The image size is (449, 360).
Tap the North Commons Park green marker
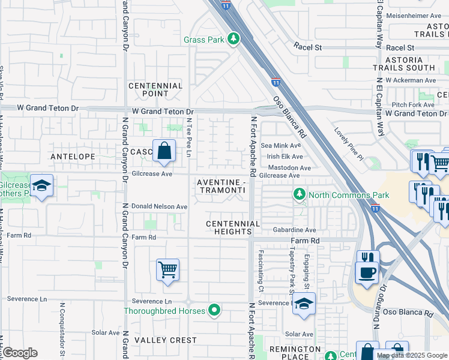(299, 194)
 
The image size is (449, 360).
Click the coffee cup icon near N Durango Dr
(366, 272)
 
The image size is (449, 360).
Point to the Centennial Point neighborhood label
(155, 89)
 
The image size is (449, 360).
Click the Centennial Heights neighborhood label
(233, 227)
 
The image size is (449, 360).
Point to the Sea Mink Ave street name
(280, 146)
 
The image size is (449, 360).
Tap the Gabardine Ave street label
(294, 230)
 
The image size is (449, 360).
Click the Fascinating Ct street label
(261, 271)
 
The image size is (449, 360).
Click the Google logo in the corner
(20, 353)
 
